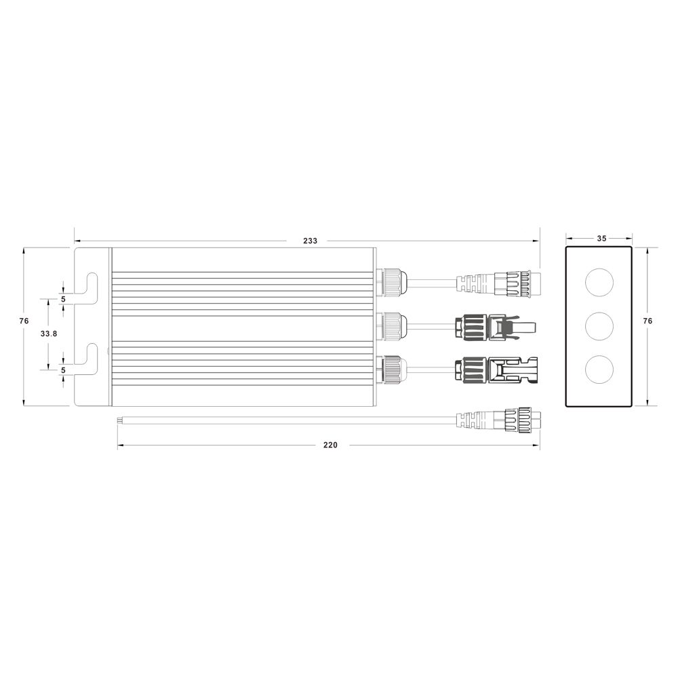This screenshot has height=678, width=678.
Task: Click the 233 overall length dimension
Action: click(310, 241)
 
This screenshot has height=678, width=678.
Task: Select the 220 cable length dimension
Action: click(330, 445)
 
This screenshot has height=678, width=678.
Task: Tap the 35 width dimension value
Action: click(601, 238)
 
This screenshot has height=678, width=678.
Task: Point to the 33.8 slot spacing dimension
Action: click(49, 334)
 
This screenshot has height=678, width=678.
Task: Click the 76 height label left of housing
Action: click(24, 321)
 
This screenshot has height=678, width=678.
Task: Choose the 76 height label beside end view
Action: click(647, 321)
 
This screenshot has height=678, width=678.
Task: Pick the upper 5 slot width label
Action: click(63, 299)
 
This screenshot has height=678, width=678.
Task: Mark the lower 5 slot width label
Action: click(63, 370)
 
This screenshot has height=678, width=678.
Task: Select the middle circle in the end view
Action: click(599, 325)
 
